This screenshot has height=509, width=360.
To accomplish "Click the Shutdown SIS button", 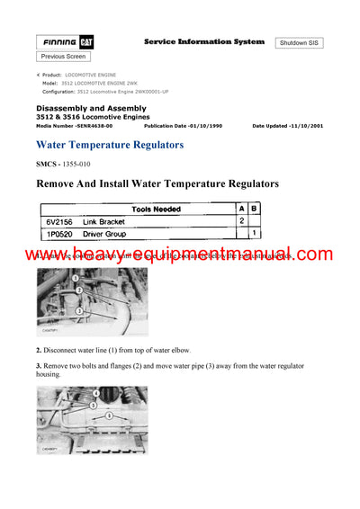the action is pos(300,42).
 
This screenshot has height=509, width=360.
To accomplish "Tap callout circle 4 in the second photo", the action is pos(96,394).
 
